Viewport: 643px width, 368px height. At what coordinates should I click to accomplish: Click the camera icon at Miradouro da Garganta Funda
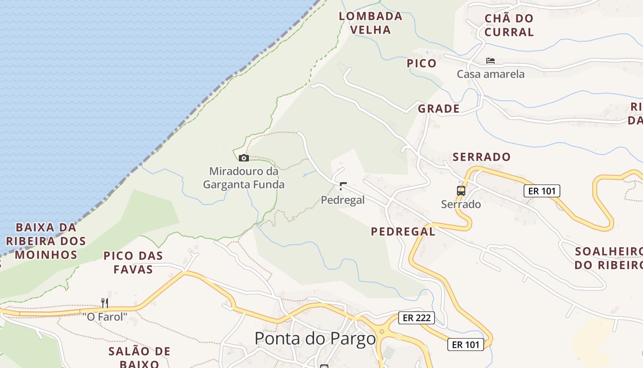click(x=244, y=158)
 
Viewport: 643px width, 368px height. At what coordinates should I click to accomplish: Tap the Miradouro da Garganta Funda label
click(x=243, y=178)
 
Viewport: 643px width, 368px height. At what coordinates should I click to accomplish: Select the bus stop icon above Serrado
click(x=461, y=190)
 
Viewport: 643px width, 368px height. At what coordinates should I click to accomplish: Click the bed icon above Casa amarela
click(x=490, y=61)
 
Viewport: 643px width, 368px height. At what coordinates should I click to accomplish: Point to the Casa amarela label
click(x=491, y=74)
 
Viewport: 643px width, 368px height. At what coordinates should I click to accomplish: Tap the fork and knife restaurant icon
click(x=105, y=303)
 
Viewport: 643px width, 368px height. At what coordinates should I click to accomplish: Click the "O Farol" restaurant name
click(x=105, y=317)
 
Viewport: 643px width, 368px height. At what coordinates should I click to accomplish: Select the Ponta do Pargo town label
click(x=315, y=339)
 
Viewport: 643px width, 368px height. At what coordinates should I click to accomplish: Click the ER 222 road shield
click(x=416, y=317)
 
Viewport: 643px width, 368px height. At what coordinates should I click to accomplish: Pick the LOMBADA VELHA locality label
click(x=371, y=23)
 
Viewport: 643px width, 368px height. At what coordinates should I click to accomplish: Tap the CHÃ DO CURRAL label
click(x=509, y=25)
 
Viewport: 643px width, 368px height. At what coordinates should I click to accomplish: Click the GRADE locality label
click(x=439, y=109)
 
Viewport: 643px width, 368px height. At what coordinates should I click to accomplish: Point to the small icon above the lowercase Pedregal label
click(x=343, y=186)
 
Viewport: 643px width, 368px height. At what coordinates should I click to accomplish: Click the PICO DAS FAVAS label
click(x=133, y=262)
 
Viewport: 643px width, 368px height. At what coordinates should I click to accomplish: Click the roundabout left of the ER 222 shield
click(x=381, y=331)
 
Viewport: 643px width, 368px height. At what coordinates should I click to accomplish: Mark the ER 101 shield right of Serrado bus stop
click(x=542, y=190)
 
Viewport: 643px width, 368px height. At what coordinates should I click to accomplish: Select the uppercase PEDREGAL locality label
click(x=403, y=231)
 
